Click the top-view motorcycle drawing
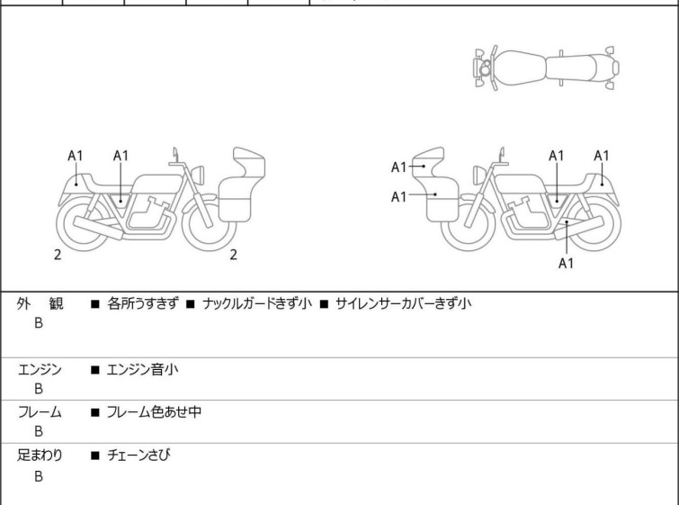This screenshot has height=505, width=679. [x=547, y=68]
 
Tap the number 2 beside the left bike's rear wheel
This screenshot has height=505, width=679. [x=58, y=255]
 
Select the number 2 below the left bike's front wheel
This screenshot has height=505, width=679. [x=234, y=255]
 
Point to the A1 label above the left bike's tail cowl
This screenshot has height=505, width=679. [x=76, y=156]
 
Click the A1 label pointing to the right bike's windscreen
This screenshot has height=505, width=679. [x=398, y=167]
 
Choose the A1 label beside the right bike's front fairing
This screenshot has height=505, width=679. [x=398, y=197]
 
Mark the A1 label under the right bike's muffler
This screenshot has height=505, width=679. [x=566, y=263]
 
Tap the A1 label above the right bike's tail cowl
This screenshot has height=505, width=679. [x=602, y=156]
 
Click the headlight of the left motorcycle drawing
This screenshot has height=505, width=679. [x=198, y=176]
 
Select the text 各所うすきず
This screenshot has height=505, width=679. [x=143, y=303]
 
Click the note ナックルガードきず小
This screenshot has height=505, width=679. [x=257, y=303]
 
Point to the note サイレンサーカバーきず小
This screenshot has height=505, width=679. [x=404, y=303]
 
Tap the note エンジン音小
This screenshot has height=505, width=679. [x=142, y=370]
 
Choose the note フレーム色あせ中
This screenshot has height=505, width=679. [x=154, y=411]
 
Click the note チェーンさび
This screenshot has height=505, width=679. [x=138, y=455]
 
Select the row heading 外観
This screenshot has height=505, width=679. [x=40, y=303]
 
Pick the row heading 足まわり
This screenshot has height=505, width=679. [x=40, y=455]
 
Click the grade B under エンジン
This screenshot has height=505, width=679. [x=39, y=389]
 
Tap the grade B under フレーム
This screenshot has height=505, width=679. [x=39, y=431]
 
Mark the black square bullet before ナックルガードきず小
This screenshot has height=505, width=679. [x=191, y=304]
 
